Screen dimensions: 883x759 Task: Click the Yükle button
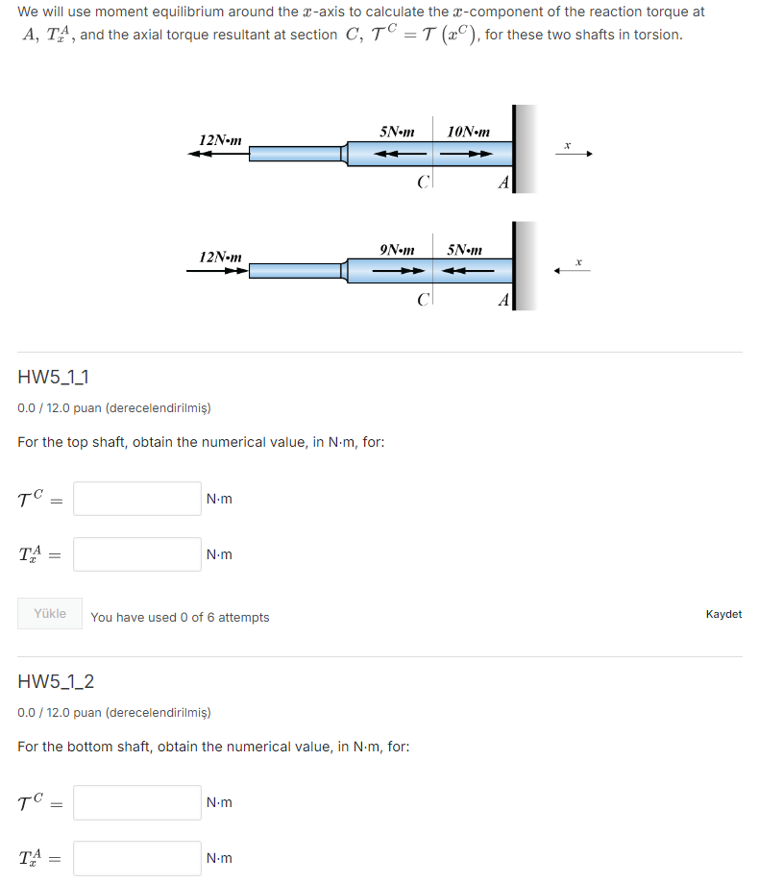point(50,614)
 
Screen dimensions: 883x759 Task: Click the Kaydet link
point(722,614)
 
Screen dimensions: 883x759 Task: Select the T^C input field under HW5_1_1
point(137,499)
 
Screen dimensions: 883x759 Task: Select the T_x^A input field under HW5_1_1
point(137,554)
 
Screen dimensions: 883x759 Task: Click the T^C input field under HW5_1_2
point(137,802)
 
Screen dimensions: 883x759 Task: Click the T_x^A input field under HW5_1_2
point(137,858)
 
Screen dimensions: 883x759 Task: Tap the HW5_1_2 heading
point(56,682)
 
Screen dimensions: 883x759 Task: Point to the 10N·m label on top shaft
point(468,132)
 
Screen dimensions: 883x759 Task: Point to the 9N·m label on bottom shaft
point(397,250)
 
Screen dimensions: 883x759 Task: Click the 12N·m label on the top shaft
point(220,139)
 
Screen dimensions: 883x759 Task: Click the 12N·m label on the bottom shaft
point(220,257)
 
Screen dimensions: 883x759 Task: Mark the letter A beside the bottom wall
point(502,301)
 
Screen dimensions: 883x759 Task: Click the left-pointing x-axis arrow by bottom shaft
point(573,271)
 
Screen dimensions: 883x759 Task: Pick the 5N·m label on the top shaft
point(397,132)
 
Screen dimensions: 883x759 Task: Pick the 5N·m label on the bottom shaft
point(465,250)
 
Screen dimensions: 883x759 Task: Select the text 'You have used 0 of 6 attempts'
point(180,617)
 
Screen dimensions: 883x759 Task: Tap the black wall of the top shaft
point(516,149)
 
